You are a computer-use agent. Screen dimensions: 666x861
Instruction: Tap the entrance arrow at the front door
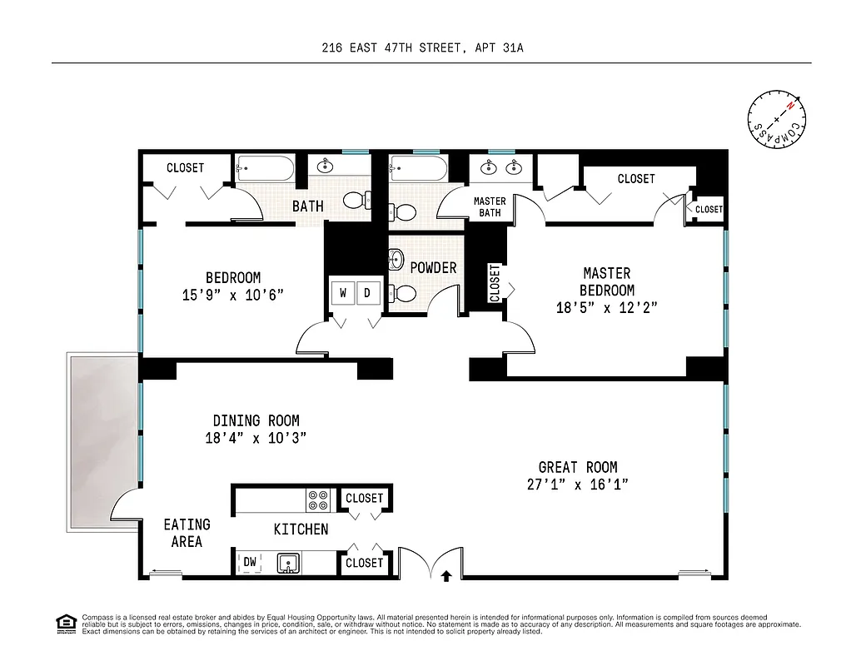coord(446,574)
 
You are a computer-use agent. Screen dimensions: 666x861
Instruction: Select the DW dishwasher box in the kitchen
coord(250,563)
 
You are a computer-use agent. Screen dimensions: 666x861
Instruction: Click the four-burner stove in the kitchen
coord(319,499)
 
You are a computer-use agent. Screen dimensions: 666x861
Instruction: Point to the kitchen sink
coord(289,564)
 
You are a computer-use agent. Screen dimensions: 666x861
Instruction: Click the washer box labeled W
coord(343,293)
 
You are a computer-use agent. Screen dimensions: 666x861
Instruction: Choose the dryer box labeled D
coord(367,293)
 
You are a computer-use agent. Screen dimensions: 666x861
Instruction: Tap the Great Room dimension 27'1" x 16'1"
coord(578,485)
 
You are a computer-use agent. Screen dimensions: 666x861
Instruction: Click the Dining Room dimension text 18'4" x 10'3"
coord(256,438)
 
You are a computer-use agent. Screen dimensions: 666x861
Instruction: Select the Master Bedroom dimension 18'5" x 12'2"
coord(607,307)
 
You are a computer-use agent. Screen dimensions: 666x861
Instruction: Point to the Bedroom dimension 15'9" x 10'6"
coord(233,295)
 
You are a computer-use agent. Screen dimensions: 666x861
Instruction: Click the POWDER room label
coord(433,267)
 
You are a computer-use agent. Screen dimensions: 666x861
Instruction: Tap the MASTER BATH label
coord(490,207)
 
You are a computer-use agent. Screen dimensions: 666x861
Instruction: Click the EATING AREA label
coord(187,533)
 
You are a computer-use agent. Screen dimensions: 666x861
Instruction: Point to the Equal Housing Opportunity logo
coord(65,623)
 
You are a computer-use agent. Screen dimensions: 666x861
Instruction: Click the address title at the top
coord(423,48)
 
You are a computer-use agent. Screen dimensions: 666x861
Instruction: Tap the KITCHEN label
coord(301,529)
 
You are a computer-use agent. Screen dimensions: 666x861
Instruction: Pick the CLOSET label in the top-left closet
coord(185,168)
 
